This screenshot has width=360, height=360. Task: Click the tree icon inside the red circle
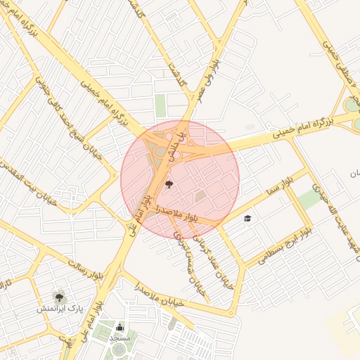point(168,185)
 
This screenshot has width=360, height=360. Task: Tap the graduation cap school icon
point(247,219)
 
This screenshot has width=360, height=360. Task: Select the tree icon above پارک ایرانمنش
point(58,297)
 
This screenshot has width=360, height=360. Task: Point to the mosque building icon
point(120,327)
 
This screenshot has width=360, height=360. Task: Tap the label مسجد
point(120,338)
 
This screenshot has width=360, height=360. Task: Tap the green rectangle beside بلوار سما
point(309,200)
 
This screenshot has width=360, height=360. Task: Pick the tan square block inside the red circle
point(201,195)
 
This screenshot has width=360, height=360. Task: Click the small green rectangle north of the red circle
point(161,105)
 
